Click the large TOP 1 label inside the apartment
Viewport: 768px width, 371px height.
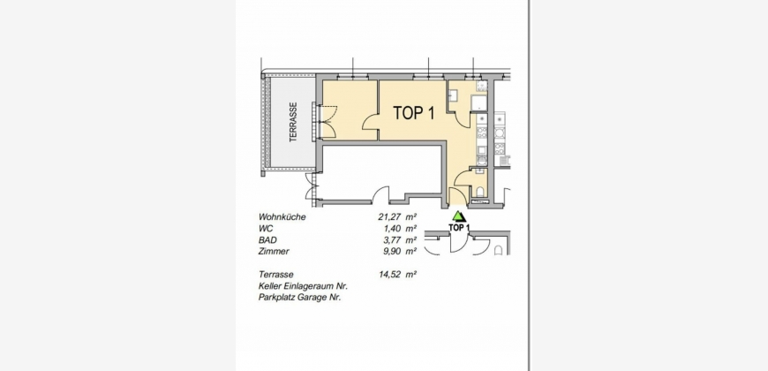(414, 113)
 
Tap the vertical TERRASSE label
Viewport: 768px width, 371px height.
(293, 122)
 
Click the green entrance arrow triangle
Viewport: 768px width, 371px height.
(458, 216)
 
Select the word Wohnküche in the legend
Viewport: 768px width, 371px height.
(282, 217)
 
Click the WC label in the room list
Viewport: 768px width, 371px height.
(266, 229)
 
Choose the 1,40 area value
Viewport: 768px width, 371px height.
(392, 229)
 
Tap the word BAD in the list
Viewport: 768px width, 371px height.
(267, 240)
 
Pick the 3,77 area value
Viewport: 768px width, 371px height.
(392, 240)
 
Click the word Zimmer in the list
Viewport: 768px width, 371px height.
(274, 252)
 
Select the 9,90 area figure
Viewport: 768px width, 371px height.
(392, 252)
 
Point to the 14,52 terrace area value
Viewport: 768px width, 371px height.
(390, 275)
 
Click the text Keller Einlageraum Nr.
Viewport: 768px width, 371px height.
(303, 286)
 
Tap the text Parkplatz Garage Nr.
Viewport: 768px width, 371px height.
(300, 298)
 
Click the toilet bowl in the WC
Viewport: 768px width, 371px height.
(480, 191)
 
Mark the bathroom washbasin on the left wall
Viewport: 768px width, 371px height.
(452, 95)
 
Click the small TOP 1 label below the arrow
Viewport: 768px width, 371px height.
(459, 227)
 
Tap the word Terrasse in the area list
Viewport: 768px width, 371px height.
(276, 275)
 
